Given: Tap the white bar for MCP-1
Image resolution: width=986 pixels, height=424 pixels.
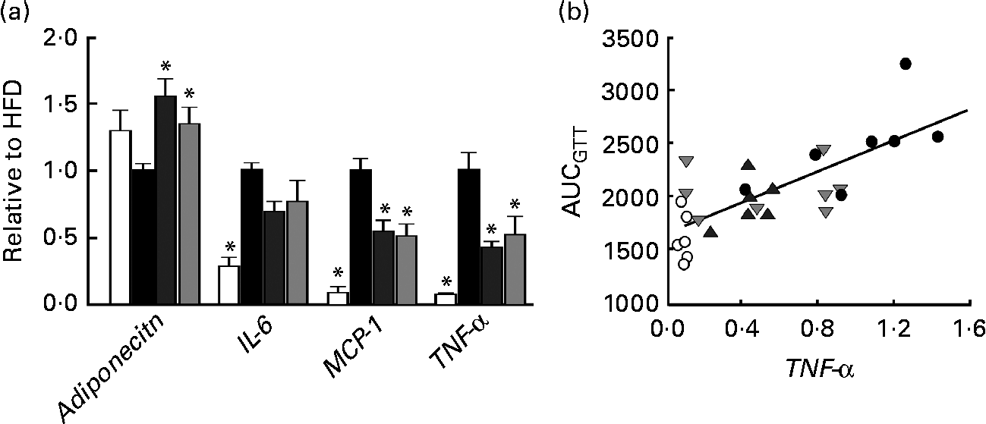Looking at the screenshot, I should [338, 298].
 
